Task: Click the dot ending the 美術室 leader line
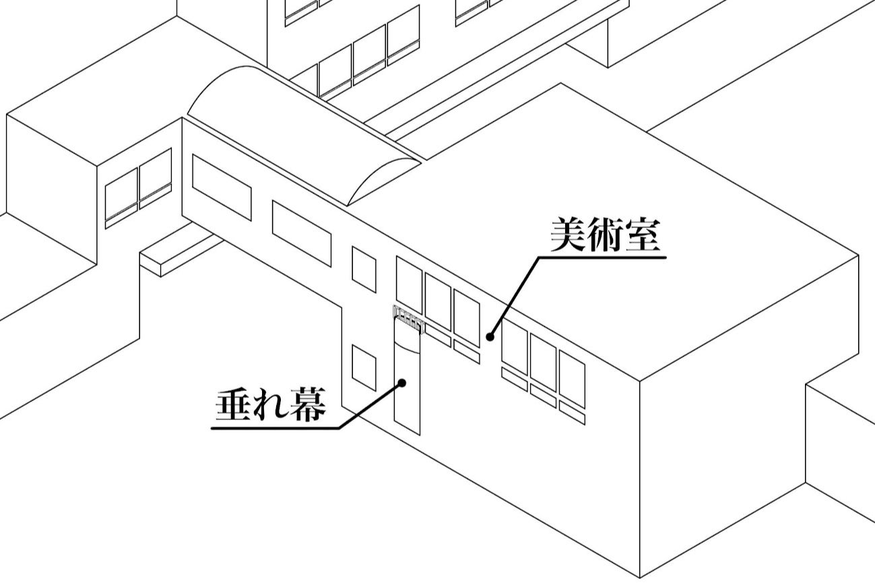[490, 336]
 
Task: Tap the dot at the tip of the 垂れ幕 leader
[401, 383]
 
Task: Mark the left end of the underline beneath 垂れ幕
[212, 428]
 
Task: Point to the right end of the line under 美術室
[666, 257]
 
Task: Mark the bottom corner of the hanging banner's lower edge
[420, 435]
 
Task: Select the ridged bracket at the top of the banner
[408, 319]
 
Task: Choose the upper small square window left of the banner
[364, 269]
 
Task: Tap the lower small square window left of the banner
[364, 368]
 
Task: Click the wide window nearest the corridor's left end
[222, 187]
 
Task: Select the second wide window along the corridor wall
[302, 234]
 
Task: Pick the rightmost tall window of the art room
[572, 379]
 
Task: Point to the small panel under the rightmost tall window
[572, 412]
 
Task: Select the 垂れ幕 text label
[271, 405]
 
